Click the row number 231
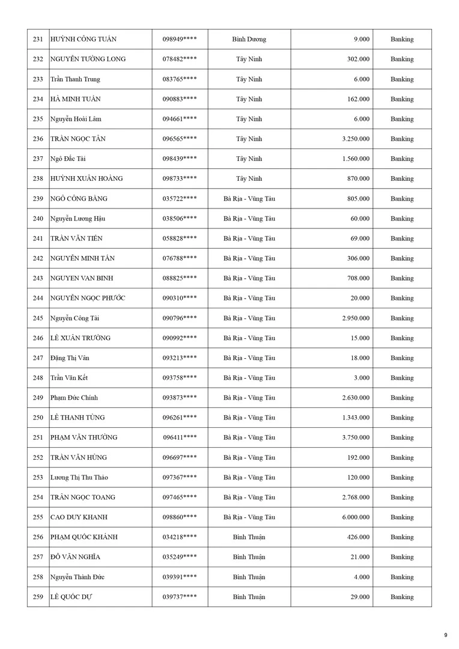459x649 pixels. [38, 40]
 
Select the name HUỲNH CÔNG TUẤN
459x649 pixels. [83, 40]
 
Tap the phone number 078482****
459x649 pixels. [180, 59]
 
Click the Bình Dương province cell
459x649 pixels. [249, 40]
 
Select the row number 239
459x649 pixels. [38, 199]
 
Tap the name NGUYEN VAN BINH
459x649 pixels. [82, 278]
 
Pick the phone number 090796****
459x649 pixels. [180, 318]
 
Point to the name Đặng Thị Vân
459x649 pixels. [70, 358]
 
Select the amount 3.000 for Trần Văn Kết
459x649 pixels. [361, 378]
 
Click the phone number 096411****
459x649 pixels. [180, 437]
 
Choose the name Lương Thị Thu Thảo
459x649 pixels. [79, 478]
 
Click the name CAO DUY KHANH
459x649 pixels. [79, 517]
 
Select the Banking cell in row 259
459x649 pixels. [402, 597]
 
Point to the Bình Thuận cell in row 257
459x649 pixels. [249, 557]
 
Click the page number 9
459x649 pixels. [445, 635]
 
